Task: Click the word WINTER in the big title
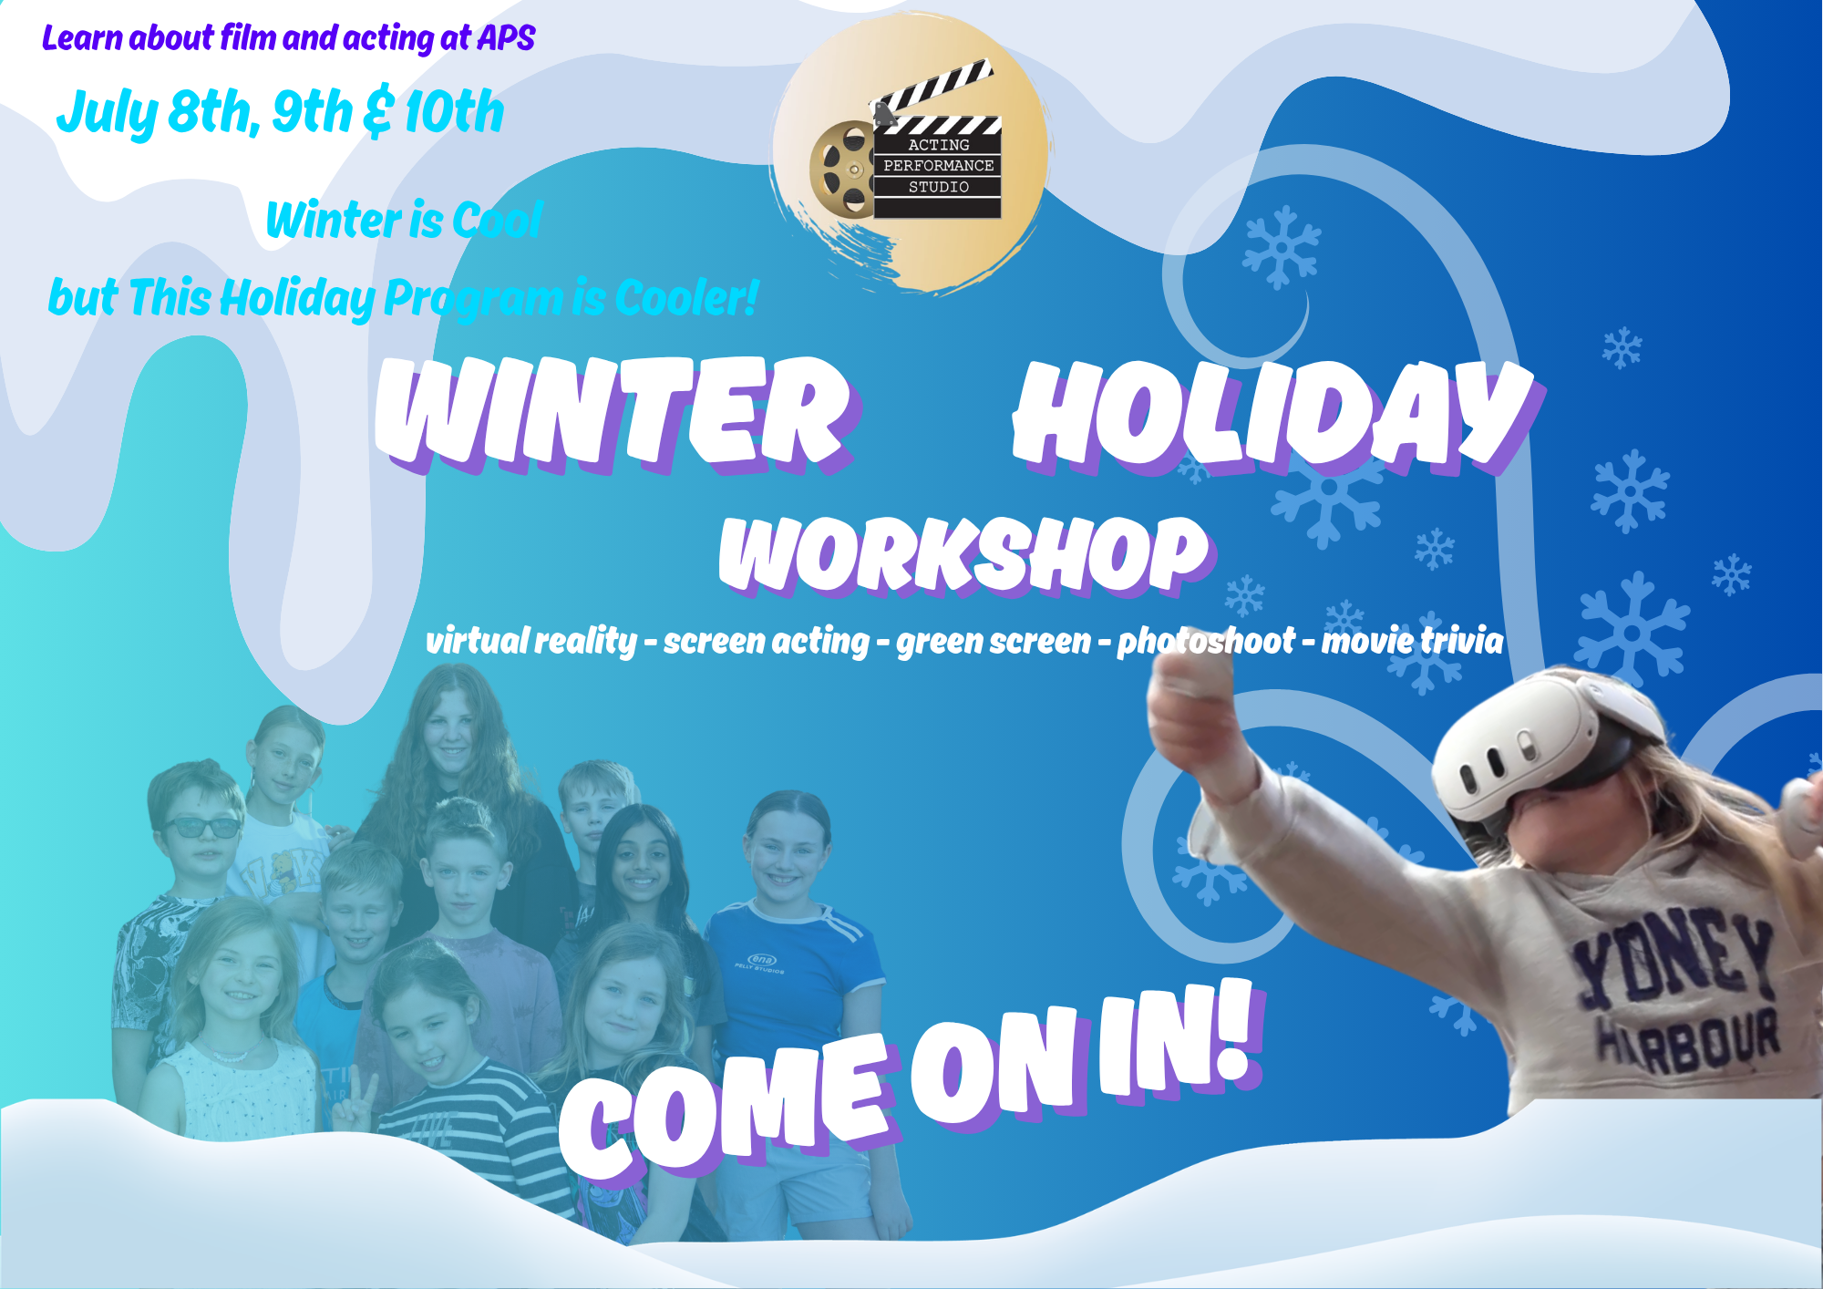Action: (614, 415)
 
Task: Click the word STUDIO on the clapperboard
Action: (938, 187)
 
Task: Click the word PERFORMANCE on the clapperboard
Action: (938, 166)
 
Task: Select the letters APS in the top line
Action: (506, 38)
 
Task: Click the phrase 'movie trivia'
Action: (1412, 641)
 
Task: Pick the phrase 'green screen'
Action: (994, 642)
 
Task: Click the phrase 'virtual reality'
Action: (531, 642)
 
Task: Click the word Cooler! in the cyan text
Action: (686, 298)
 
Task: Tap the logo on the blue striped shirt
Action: (762, 961)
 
